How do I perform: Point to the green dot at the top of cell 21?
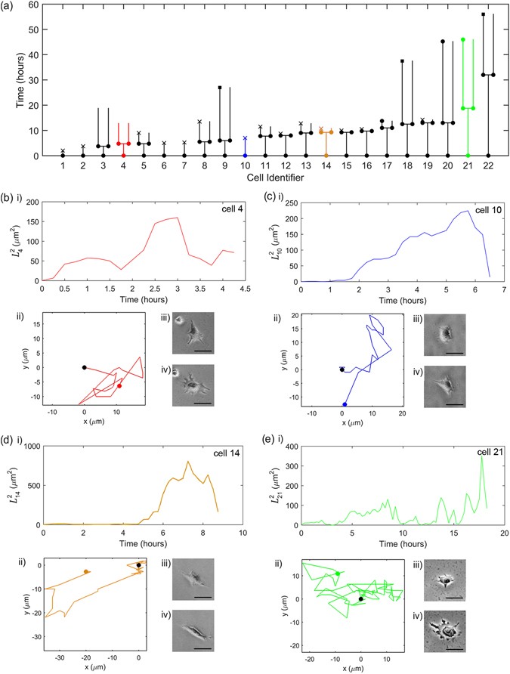click(x=462, y=39)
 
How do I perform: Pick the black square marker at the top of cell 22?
click(x=483, y=14)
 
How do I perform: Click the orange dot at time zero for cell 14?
click(x=326, y=156)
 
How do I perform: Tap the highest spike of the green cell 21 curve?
click(x=481, y=456)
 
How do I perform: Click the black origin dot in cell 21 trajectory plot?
click(x=360, y=599)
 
